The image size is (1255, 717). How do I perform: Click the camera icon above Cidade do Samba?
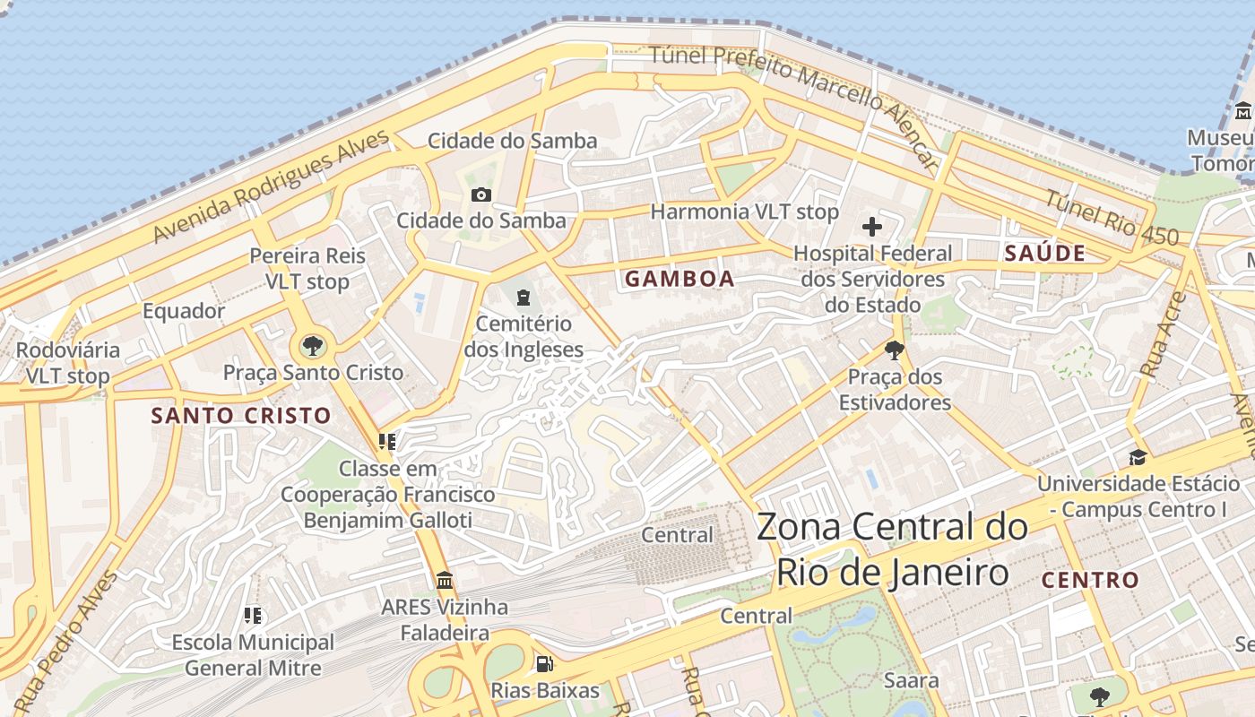[480, 194]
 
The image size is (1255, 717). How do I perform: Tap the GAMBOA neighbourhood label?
[679, 279]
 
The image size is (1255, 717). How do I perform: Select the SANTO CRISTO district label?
[241, 416]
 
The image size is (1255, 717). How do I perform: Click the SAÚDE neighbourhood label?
[1044, 253]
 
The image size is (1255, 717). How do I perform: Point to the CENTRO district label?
[1090, 580]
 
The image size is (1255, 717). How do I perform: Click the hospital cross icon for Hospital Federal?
[871, 227]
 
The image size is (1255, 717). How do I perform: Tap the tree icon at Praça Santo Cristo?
[313, 345]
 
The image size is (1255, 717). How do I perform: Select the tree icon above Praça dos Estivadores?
[894, 350]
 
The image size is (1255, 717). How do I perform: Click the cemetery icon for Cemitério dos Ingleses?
[524, 297]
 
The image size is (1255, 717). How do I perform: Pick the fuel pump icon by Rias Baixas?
[544, 664]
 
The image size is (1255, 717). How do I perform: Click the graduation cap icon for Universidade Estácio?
[1138, 457]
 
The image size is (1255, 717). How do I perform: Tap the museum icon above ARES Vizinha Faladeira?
[444, 580]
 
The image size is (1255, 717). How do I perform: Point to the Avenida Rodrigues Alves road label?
[271, 186]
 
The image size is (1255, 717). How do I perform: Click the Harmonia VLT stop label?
[744, 212]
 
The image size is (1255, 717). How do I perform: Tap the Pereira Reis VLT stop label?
[307, 268]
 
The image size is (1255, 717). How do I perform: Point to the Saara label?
[912, 679]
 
